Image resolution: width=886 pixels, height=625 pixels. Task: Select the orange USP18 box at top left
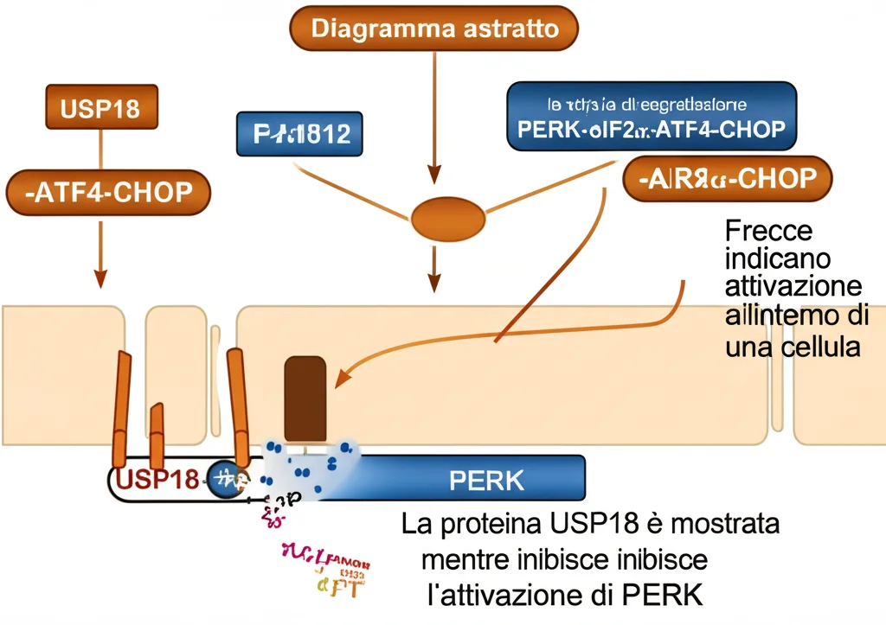[100, 109]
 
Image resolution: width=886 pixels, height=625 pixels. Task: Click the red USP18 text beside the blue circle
[156, 479]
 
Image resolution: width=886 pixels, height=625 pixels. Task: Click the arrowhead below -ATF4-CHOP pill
[100, 278]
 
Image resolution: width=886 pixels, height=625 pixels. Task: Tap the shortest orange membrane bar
[157, 434]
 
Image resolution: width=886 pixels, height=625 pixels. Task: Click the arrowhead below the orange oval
[435, 281]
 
